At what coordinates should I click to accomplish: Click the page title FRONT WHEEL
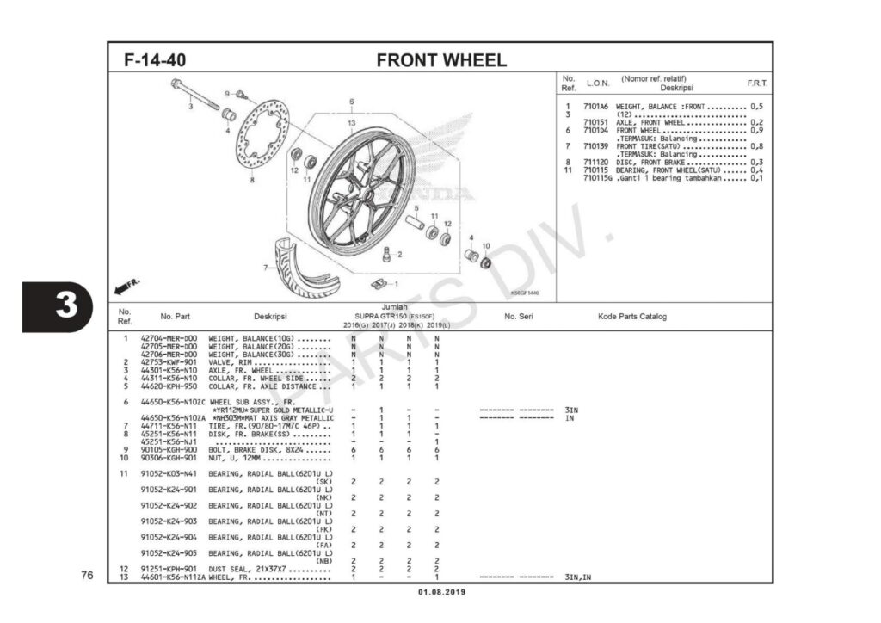441,60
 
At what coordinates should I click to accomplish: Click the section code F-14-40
155,61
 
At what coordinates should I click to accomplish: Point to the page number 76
87,576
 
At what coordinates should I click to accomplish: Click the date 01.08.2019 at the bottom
441,592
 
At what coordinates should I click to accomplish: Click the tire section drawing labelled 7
301,262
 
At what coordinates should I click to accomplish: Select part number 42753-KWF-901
169,362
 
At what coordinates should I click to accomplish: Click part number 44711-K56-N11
169,425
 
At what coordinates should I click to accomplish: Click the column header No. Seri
519,317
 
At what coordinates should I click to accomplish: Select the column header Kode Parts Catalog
631,317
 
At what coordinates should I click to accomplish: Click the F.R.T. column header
757,83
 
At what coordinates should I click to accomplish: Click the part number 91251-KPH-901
169,569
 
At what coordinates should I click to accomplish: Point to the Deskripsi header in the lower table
269,317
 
